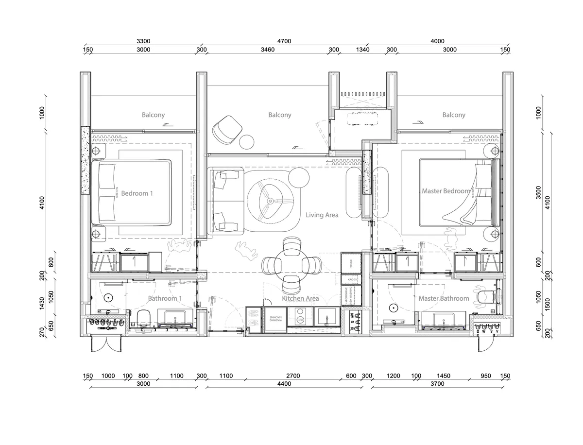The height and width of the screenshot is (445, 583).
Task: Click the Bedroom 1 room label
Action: pyautogui.click(x=137, y=193)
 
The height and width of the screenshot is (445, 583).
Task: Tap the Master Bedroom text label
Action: pyautogui.click(x=446, y=191)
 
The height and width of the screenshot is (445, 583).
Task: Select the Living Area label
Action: pyautogui.click(x=322, y=215)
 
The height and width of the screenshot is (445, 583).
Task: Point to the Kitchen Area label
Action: pyautogui.click(x=300, y=298)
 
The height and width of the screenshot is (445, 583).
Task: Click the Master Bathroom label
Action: pyautogui.click(x=444, y=298)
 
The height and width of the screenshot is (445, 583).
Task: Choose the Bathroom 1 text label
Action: pyautogui.click(x=165, y=298)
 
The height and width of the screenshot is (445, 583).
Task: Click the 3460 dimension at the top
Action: pyautogui.click(x=268, y=50)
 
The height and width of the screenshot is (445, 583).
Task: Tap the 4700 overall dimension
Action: pyautogui.click(x=284, y=41)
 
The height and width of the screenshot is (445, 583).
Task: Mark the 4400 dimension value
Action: pyautogui.click(x=284, y=384)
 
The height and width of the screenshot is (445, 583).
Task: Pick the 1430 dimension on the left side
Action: pyautogui.click(x=42, y=303)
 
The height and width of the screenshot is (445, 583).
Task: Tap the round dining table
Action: pyautogui.click(x=291, y=265)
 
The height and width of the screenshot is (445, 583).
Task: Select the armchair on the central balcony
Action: pyautogui.click(x=227, y=130)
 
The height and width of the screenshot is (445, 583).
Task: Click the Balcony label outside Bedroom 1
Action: pyautogui.click(x=153, y=115)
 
